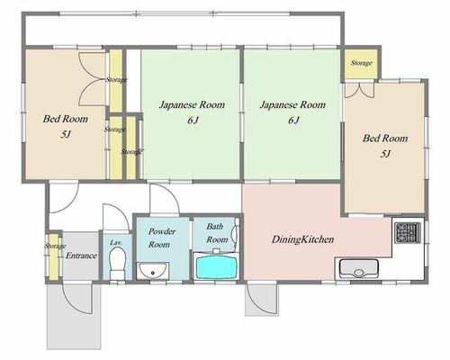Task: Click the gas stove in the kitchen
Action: click(x=408, y=233)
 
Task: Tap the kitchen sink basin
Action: click(x=358, y=269)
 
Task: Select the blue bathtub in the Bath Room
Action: click(x=216, y=267)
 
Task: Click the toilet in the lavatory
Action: click(x=117, y=264)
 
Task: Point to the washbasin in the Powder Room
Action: click(x=152, y=271)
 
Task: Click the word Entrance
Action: click(x=81, y=256)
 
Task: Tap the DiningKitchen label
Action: click(x=302, y=239)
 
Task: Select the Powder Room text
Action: click(x=161, y=238)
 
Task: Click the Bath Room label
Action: click(x=217, y=233)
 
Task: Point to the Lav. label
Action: click(x=116, y=242)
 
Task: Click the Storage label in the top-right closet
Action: click(x=362, y=63)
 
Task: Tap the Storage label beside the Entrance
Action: click(x=55, y=246)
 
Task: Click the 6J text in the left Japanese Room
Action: click(x=193, y=121)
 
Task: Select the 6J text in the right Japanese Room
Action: click(x=293, y=121)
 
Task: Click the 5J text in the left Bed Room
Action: click(x=66, y=134)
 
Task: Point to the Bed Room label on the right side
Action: click(x=385, y=139)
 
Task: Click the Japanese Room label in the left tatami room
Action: click(x=192, y=105)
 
